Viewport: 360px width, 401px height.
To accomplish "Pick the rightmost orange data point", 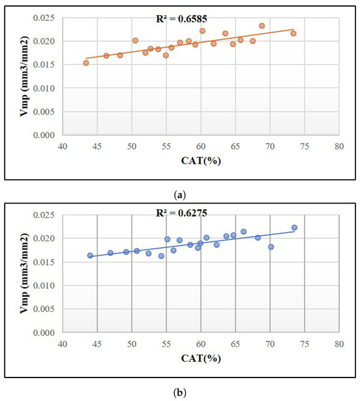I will [x=293, y=33].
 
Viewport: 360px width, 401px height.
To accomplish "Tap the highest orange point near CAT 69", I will [x=262, y=26].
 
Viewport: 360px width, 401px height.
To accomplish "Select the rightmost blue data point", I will [x=294, y=228].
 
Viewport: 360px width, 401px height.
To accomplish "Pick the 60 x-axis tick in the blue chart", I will [x=201, y=343].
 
